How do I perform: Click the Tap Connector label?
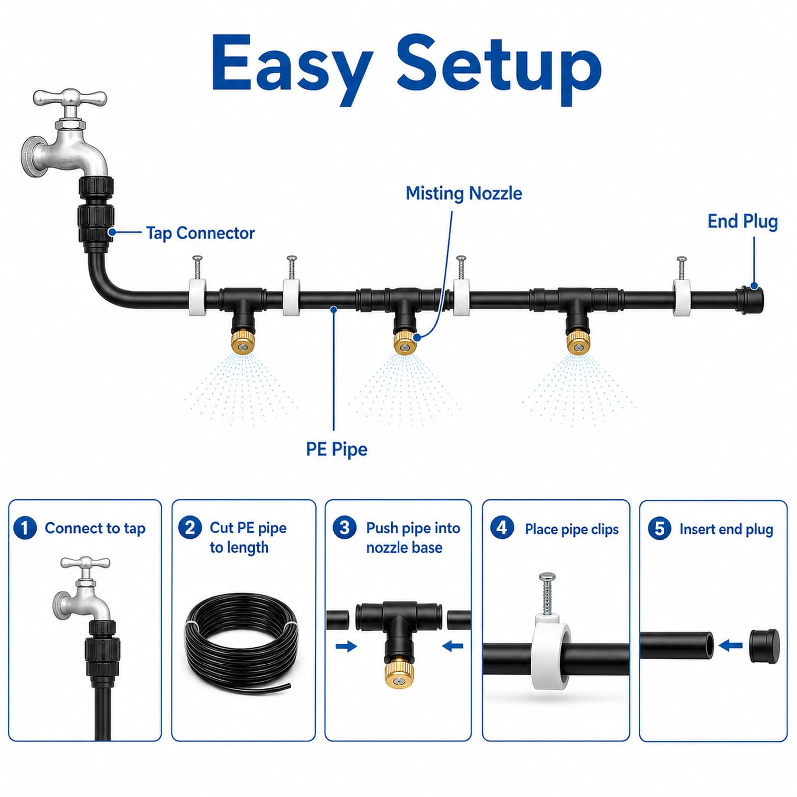click(200, 233)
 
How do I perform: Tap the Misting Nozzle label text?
click(464, 193)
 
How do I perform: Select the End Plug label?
click(742, 221)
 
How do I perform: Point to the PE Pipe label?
click(337, 449)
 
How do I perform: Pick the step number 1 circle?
click(25, 528)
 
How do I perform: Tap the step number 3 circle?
click(344, 528)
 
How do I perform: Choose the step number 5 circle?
click(660, 529)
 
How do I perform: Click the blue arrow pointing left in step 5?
click(731, 646)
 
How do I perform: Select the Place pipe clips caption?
click(571, 529)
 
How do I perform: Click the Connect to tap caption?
click(95, 528)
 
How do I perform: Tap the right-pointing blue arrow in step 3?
click(346, 647)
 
